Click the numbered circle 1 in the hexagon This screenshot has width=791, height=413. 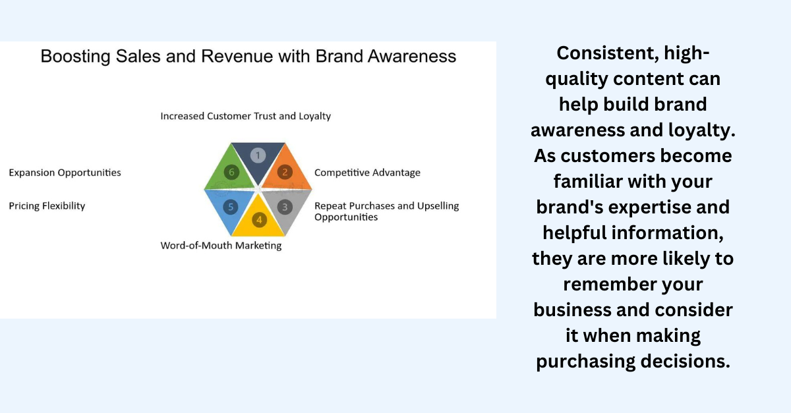(x=258, y=155)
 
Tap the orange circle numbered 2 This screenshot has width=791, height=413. (x=285, y=173)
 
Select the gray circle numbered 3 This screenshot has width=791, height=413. (x=285, y=207)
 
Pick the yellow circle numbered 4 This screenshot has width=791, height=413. (x=259, y=220)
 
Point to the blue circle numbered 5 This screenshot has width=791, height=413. (x=231, y=207)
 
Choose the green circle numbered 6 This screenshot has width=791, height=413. (x=231, y=173)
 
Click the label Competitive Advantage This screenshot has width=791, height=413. (x=367, y=173)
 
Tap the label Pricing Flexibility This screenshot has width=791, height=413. (x=47, y=206)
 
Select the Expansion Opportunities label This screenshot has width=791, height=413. (x=65, y=173)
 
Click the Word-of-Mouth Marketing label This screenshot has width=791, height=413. (x=221, y=245)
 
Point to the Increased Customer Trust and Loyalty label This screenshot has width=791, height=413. (x=246, y=116)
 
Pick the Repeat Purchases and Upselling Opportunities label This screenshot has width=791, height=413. (x=387, y=211)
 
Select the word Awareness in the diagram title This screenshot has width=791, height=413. (x=412, y=56)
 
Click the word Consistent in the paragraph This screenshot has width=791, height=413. (x=608, y=53)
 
